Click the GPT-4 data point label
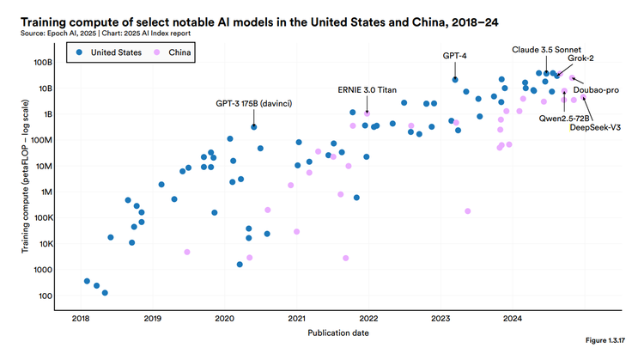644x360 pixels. coord(454,55)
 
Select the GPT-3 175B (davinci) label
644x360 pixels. coord(253,103)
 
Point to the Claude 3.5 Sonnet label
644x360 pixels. coord(546,49)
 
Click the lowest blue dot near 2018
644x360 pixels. coord(105,293)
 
